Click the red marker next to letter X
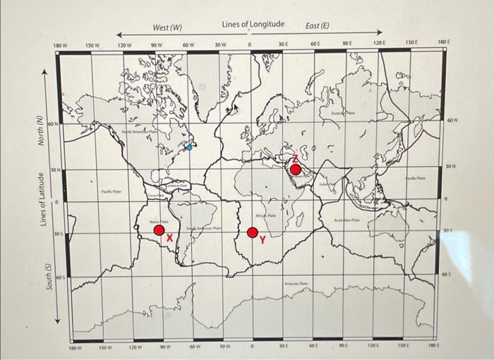tap(159, 229)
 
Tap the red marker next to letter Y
tap(253, 232)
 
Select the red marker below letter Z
tap(295, 169)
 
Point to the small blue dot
tap(188, 148)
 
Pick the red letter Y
tap(263, 241)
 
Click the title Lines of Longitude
tap(253, 24)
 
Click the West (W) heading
tap(167, 28)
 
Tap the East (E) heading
tap(317, 26)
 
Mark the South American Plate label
tap(205, 229)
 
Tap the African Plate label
tap(265, 215)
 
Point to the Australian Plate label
tap(347, 220)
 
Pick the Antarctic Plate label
tap(296, 283)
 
